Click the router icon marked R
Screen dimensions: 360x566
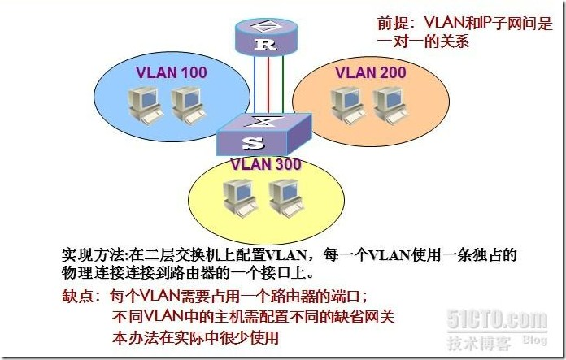pos(262,37)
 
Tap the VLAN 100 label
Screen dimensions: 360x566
pos(171,72)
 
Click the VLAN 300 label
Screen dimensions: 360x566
pos(266,164)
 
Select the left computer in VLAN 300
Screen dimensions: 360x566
pos(241,199)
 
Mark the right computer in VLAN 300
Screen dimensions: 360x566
pos(285,199)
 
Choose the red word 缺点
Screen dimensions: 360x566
pos(77,297)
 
